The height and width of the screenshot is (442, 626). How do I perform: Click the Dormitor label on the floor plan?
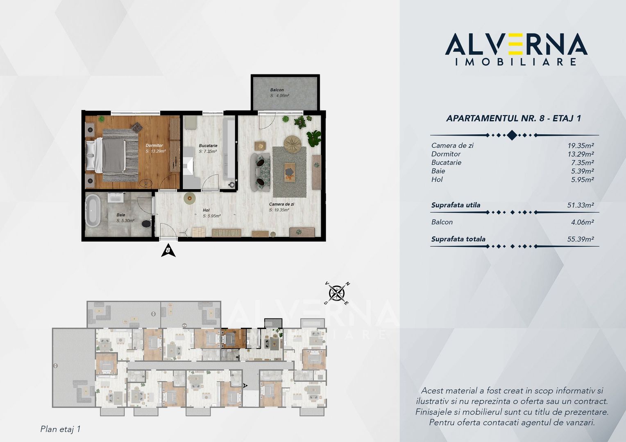pyautogui.click(x=154, y=145)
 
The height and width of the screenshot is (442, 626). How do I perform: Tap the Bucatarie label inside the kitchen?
pyautogui.click(x=208, y=146)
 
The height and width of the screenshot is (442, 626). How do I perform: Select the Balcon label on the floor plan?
pyautogui.click(x=277, y=90)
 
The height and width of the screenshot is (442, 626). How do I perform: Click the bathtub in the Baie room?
pyautogui.click(x=93, y=211)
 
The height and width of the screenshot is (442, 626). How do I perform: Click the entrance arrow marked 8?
pyautogui.click(x=168, y=250)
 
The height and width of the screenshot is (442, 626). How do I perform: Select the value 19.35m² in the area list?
pyautogui.click(x=581, y=145)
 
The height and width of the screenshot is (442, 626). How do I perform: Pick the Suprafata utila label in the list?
pyautogui.click(x=456, y=205)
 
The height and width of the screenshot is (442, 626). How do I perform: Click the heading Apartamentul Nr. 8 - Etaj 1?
pyautogui.click(x=513, y=119)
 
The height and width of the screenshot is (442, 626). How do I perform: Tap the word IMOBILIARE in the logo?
pyautogui.click(x=516, y=62)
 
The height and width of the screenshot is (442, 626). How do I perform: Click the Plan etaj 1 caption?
pyautogui.click(x=60, y=429)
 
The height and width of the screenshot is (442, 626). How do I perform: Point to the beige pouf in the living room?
pyautogui.click(x=293, y=143)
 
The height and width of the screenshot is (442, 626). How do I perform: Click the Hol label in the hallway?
pyautogui.click(x=206, y=210)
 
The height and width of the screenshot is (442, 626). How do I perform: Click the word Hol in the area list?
pyautogui.click(x=437, y=180)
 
